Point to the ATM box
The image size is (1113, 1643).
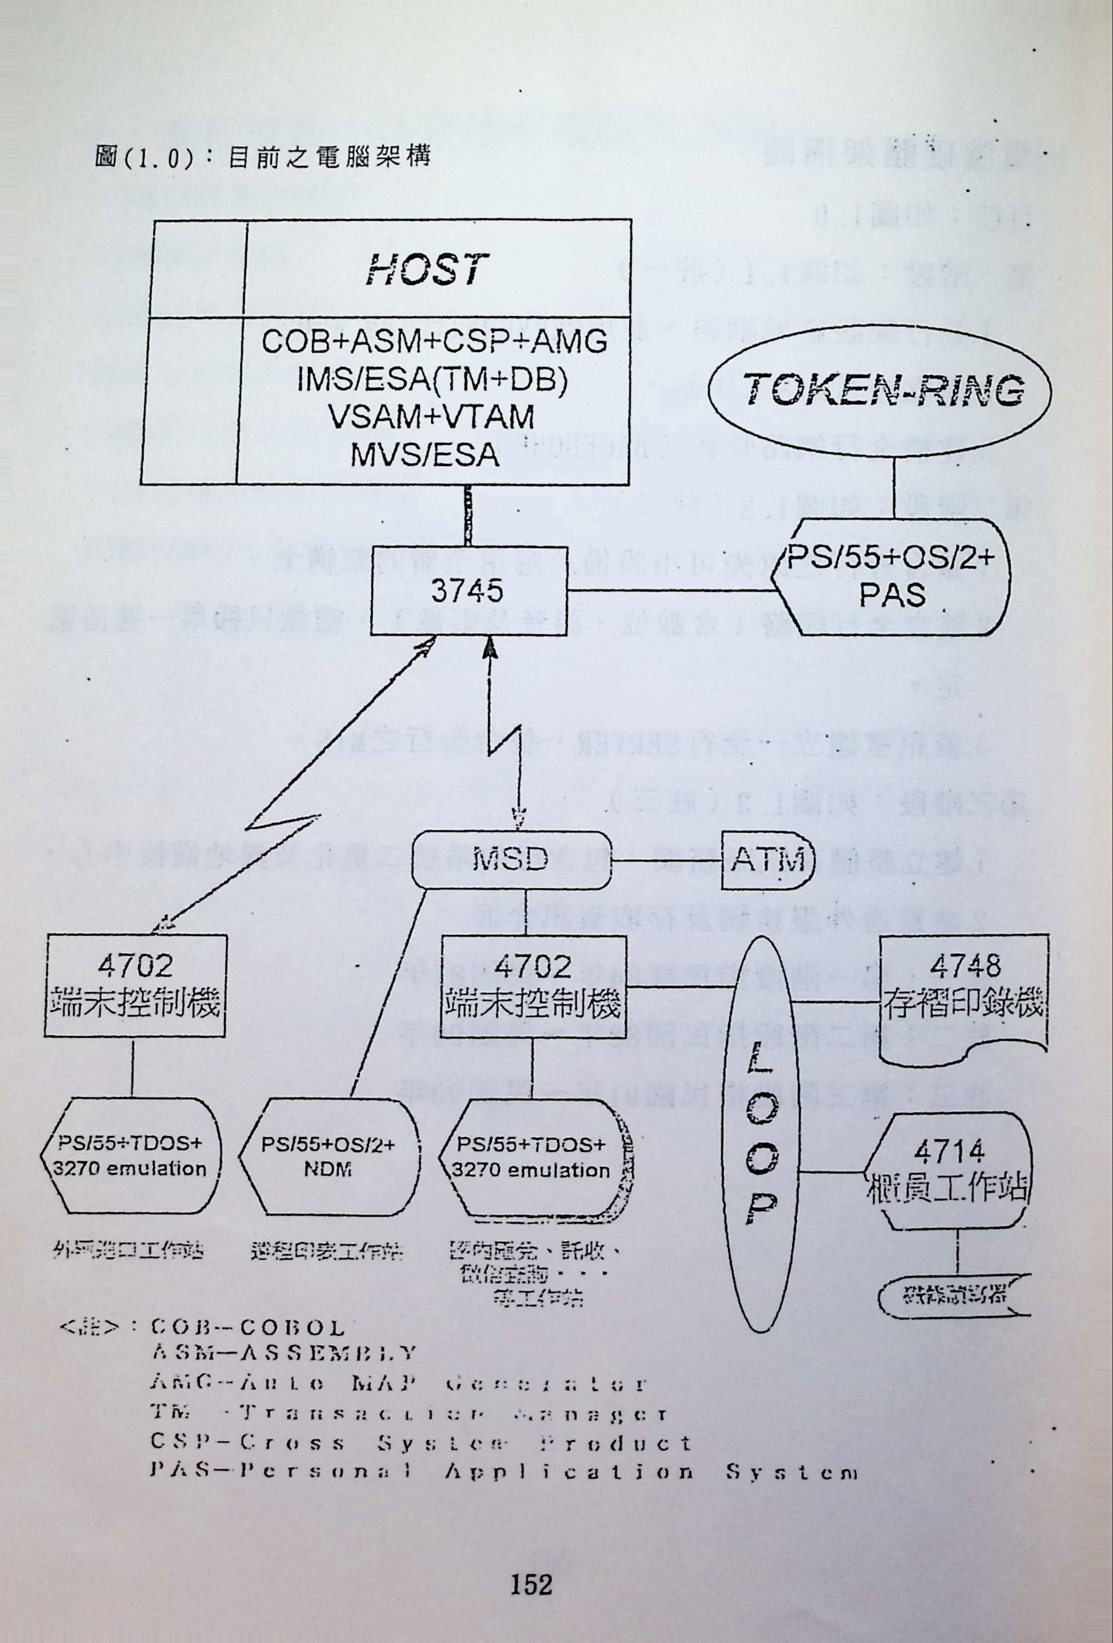767,860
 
